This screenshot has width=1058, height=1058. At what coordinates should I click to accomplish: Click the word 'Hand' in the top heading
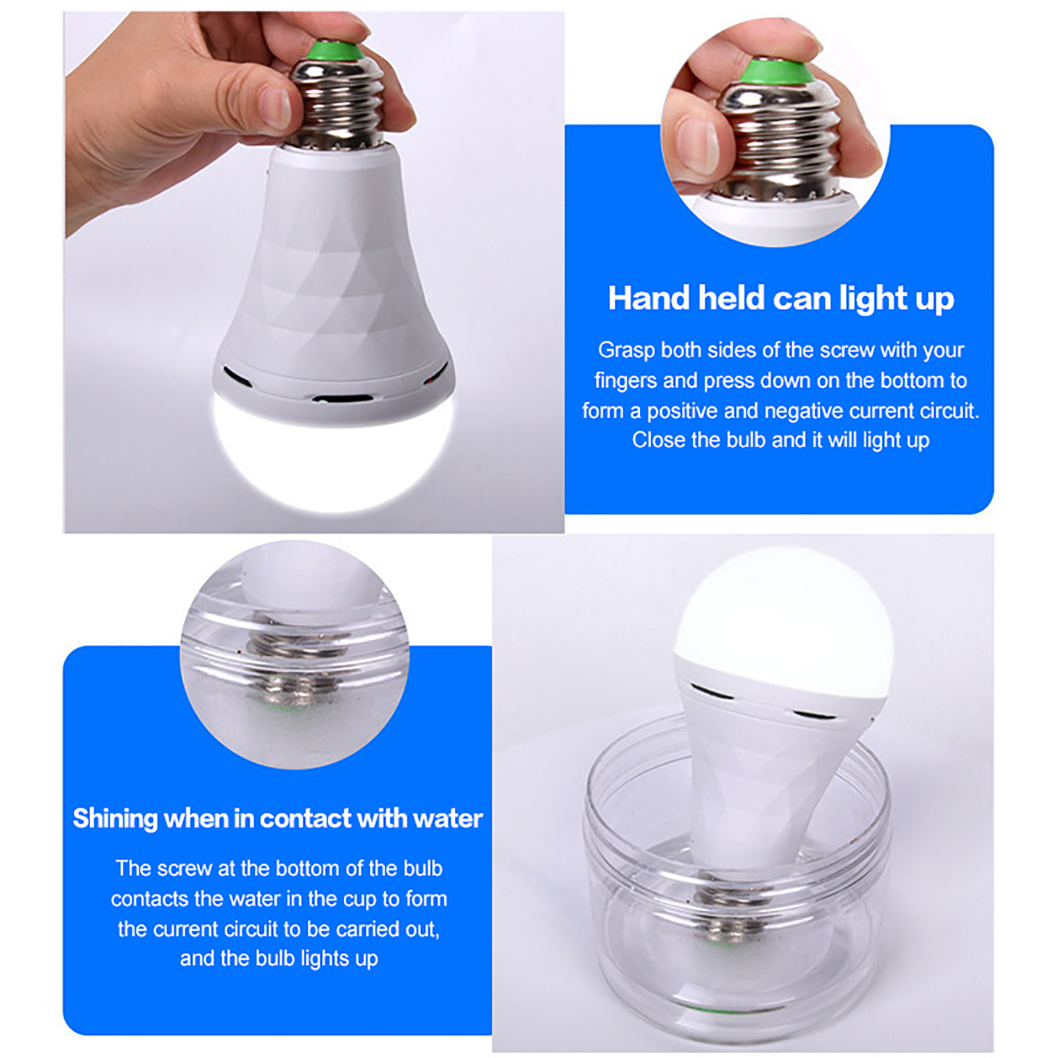(649, 298)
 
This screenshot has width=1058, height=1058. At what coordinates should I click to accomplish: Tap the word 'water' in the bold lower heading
(448, 819)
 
